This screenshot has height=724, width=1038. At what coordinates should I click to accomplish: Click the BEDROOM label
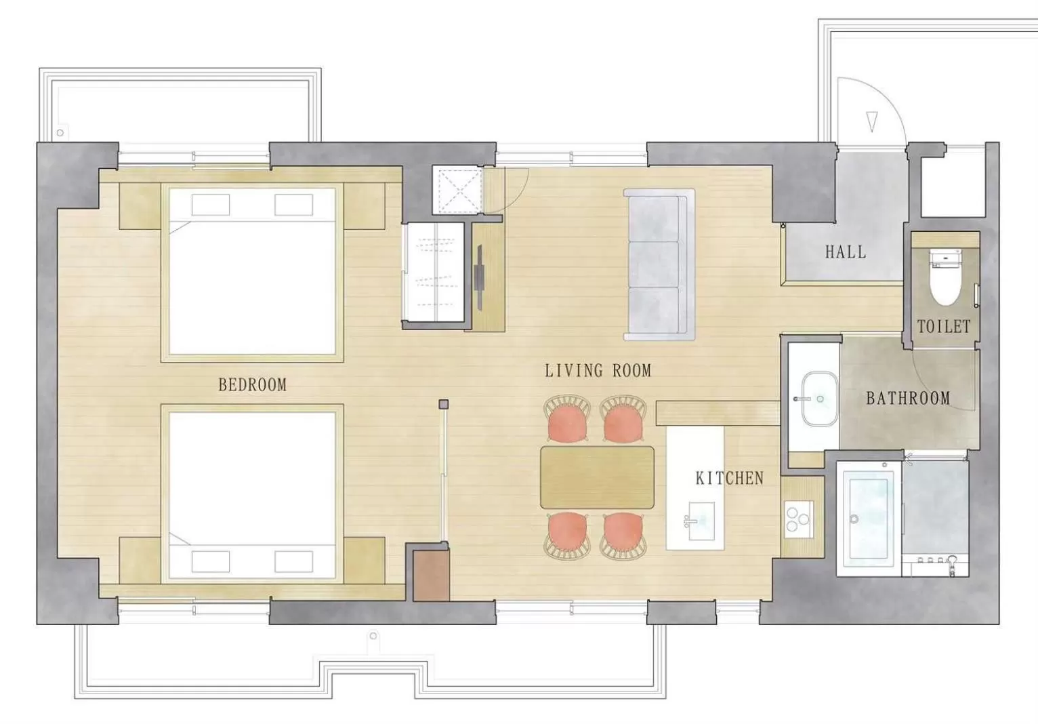[252, 385]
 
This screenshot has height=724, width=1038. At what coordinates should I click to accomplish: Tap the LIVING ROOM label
[598, 371]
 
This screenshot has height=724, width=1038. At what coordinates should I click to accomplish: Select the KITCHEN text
[729, 479]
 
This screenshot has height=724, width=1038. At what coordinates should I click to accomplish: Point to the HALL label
[845, 252]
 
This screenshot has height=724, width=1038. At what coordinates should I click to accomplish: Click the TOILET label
[943, 327]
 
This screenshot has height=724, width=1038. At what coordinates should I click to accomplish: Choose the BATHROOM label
[908, 399]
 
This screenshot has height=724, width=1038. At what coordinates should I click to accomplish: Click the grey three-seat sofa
[658, 264]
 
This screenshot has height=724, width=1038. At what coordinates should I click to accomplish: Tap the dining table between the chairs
[597, 477]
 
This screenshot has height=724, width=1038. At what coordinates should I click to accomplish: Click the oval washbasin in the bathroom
[816, 399]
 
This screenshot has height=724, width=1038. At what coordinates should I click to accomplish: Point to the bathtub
[869, 518]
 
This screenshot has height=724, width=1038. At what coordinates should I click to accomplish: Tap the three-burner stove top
[798, 519]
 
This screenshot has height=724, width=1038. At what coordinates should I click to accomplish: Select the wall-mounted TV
[480, 277]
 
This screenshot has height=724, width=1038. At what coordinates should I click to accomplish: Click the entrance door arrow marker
[871, 121]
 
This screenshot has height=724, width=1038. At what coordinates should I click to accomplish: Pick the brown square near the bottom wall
[432, 575]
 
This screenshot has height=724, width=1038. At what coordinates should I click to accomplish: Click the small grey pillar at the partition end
[443, 405]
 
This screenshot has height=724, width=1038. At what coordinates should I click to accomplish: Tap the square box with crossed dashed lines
[457, 190]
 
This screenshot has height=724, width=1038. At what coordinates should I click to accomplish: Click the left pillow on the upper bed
[210, 205]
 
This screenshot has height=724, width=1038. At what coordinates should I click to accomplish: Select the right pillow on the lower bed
[293, 561]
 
